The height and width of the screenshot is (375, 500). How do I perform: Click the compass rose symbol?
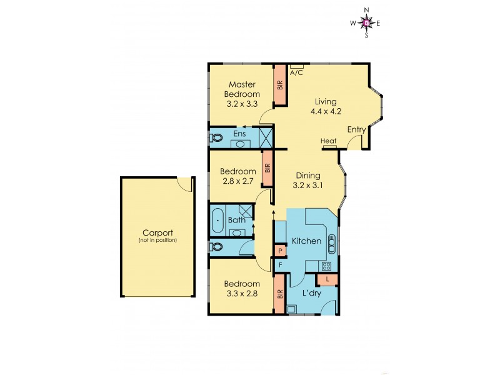(x=367, y=23)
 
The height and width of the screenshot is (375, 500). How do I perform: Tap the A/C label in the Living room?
(x=297, y=72)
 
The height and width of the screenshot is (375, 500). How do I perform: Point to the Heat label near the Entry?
(x=329, y=141)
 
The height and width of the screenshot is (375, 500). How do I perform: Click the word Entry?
(x=356, y=129)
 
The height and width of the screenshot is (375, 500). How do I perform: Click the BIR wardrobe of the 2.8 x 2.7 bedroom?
(x=267, y=168)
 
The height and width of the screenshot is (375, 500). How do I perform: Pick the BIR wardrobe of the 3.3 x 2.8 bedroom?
(x=279, y=294)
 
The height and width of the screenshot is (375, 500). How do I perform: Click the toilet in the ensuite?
(x=216, y=135)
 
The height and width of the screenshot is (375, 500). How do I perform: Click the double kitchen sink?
(x=332, y=242)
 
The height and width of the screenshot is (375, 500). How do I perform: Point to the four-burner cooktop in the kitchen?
(x=326, y=266)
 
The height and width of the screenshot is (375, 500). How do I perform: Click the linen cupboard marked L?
(x=328, y=279)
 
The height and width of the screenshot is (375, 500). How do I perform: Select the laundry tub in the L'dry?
(x=292, y=308)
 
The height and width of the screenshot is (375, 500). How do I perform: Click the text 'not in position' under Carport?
(x=157, y=240)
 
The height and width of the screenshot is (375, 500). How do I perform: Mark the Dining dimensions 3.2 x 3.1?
(x=306, y=186)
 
